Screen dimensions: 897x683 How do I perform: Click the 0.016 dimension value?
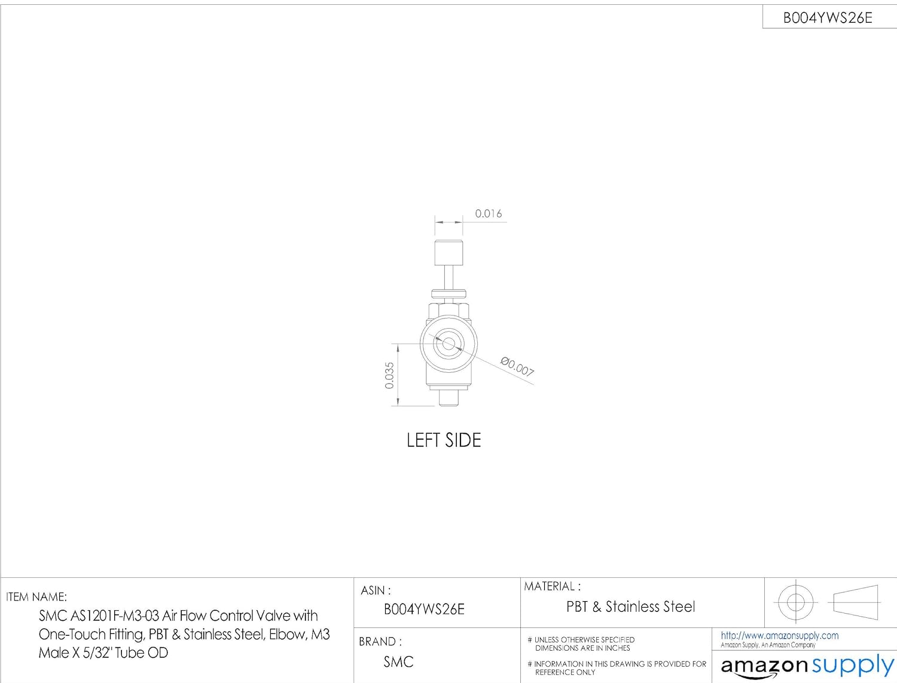point(488,213)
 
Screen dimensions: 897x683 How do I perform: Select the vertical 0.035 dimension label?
point(390,375)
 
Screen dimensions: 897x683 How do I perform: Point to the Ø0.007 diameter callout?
point(517,366)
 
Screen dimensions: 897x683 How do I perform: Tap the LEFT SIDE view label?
point(444,440)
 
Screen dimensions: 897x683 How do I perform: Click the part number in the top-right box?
point(828,18)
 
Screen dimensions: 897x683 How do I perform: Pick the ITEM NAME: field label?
point(36,596)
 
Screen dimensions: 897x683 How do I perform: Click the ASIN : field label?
point(376,590)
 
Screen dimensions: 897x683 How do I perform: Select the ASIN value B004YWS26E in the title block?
point(424,610)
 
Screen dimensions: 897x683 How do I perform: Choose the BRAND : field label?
point(380,642)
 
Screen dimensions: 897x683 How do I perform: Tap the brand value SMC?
point(398,662)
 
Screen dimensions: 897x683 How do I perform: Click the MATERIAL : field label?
point(552,586)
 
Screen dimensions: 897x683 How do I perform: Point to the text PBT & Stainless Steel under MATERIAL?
point(630,607)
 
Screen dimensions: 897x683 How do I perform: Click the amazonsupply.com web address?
point(779,636)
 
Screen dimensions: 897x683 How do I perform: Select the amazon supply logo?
point(807,666)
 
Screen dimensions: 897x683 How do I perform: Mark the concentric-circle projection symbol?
point(795,602)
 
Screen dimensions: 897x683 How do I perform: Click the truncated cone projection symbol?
point(856,602)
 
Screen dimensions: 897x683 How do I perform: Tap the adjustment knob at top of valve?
point(448,252)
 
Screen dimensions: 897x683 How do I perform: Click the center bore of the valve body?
point(448,344)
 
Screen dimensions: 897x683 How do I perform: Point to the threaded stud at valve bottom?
point(448,397)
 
